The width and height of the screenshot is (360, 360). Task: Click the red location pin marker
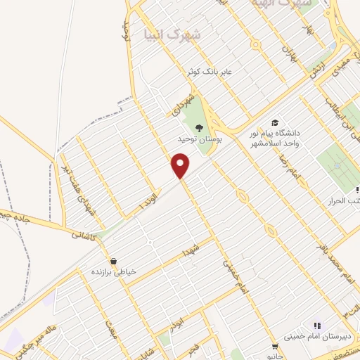click(x=181, y=166)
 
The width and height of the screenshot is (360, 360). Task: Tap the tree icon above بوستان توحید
click(x=200, y=128)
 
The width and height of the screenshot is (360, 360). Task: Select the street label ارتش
click(x=317, y=69)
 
